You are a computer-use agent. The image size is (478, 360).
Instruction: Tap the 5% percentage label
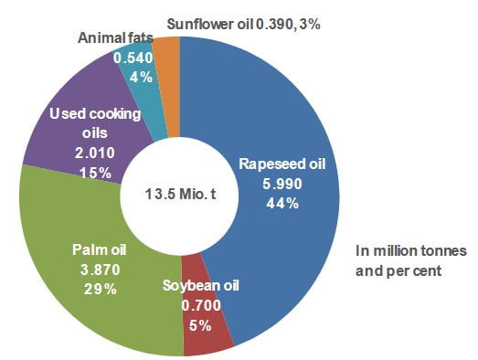(198, 323)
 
